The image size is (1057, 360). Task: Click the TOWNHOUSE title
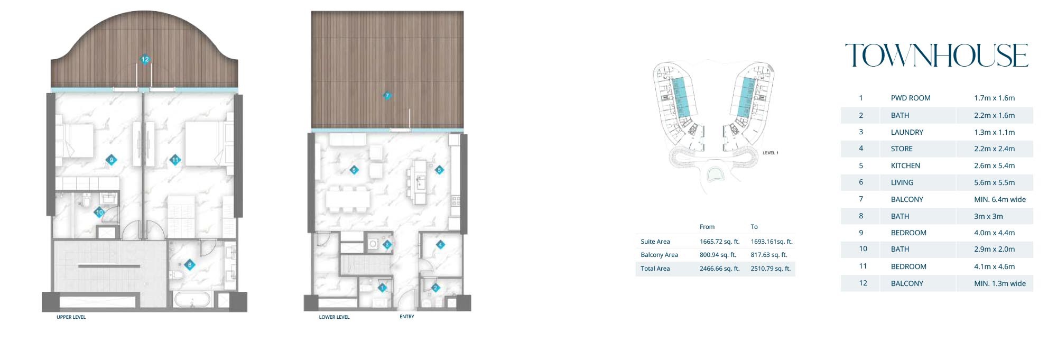(x=937, y=56)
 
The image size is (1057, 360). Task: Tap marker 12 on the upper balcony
(x=145, y=59)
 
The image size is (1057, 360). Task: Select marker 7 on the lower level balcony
(x=387, y=96)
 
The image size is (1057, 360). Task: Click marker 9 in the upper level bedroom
(x=111, y=160)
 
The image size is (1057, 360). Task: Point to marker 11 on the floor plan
(x=175, y=160)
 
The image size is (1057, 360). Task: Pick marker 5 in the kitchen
(x=439, y=170)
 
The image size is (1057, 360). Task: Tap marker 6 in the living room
(x=354, y=170)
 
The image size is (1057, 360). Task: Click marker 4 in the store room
(x=440, y=244)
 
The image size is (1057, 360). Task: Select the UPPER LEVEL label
(x=71, y=317)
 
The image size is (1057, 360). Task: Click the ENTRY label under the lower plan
(x=407, y=317)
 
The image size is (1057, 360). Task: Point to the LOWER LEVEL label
(x=334, y=317)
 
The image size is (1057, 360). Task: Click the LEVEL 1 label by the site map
(x=770, y=153)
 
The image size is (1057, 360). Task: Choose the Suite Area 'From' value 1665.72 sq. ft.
(x=719, y=242)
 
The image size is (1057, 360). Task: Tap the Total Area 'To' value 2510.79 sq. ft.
(x=771, y=269)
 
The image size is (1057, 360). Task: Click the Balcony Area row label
(x=659, y=255)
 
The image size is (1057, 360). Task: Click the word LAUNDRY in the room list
(x=907, y=132)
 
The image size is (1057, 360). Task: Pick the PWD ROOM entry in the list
(x=910, y=98)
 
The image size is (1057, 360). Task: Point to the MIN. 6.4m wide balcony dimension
(x=999, y=199)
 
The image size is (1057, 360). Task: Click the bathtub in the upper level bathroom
(x=192, y=299)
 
